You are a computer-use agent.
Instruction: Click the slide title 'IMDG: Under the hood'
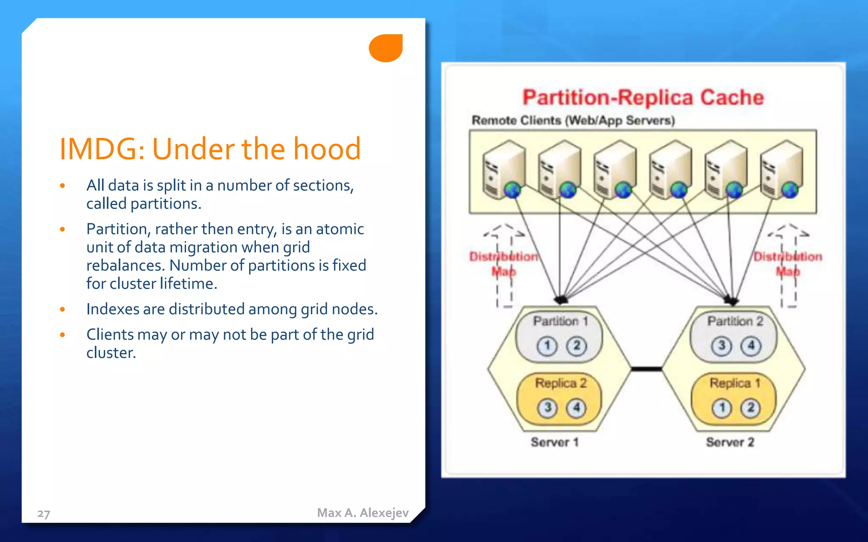[x=210, y=149]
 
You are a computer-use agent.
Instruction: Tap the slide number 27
[x=44, y=514]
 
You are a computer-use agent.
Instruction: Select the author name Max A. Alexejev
[x=363, y=513]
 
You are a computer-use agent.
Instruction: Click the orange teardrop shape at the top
[x=386, y=48]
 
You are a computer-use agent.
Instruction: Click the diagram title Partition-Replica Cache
[x=643, y=97]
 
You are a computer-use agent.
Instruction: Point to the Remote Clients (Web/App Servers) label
[x=573, y=120]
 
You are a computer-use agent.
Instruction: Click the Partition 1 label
[x=560, y=321]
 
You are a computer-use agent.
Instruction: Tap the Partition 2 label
[x=735, y=321]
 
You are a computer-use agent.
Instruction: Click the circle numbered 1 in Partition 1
[x=547, y=346]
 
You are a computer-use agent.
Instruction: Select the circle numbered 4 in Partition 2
[x=751, y=346]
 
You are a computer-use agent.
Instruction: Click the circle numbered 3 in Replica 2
[x=548, y=408]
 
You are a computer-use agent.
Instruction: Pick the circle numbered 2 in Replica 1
[x=751, y=408]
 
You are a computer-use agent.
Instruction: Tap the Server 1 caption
[x=554, y=442]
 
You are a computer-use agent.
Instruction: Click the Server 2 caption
[x=730, y=442]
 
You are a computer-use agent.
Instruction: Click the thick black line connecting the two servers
[x=646, y=369]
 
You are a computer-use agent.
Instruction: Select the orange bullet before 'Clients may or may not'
[x=62, y=335]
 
